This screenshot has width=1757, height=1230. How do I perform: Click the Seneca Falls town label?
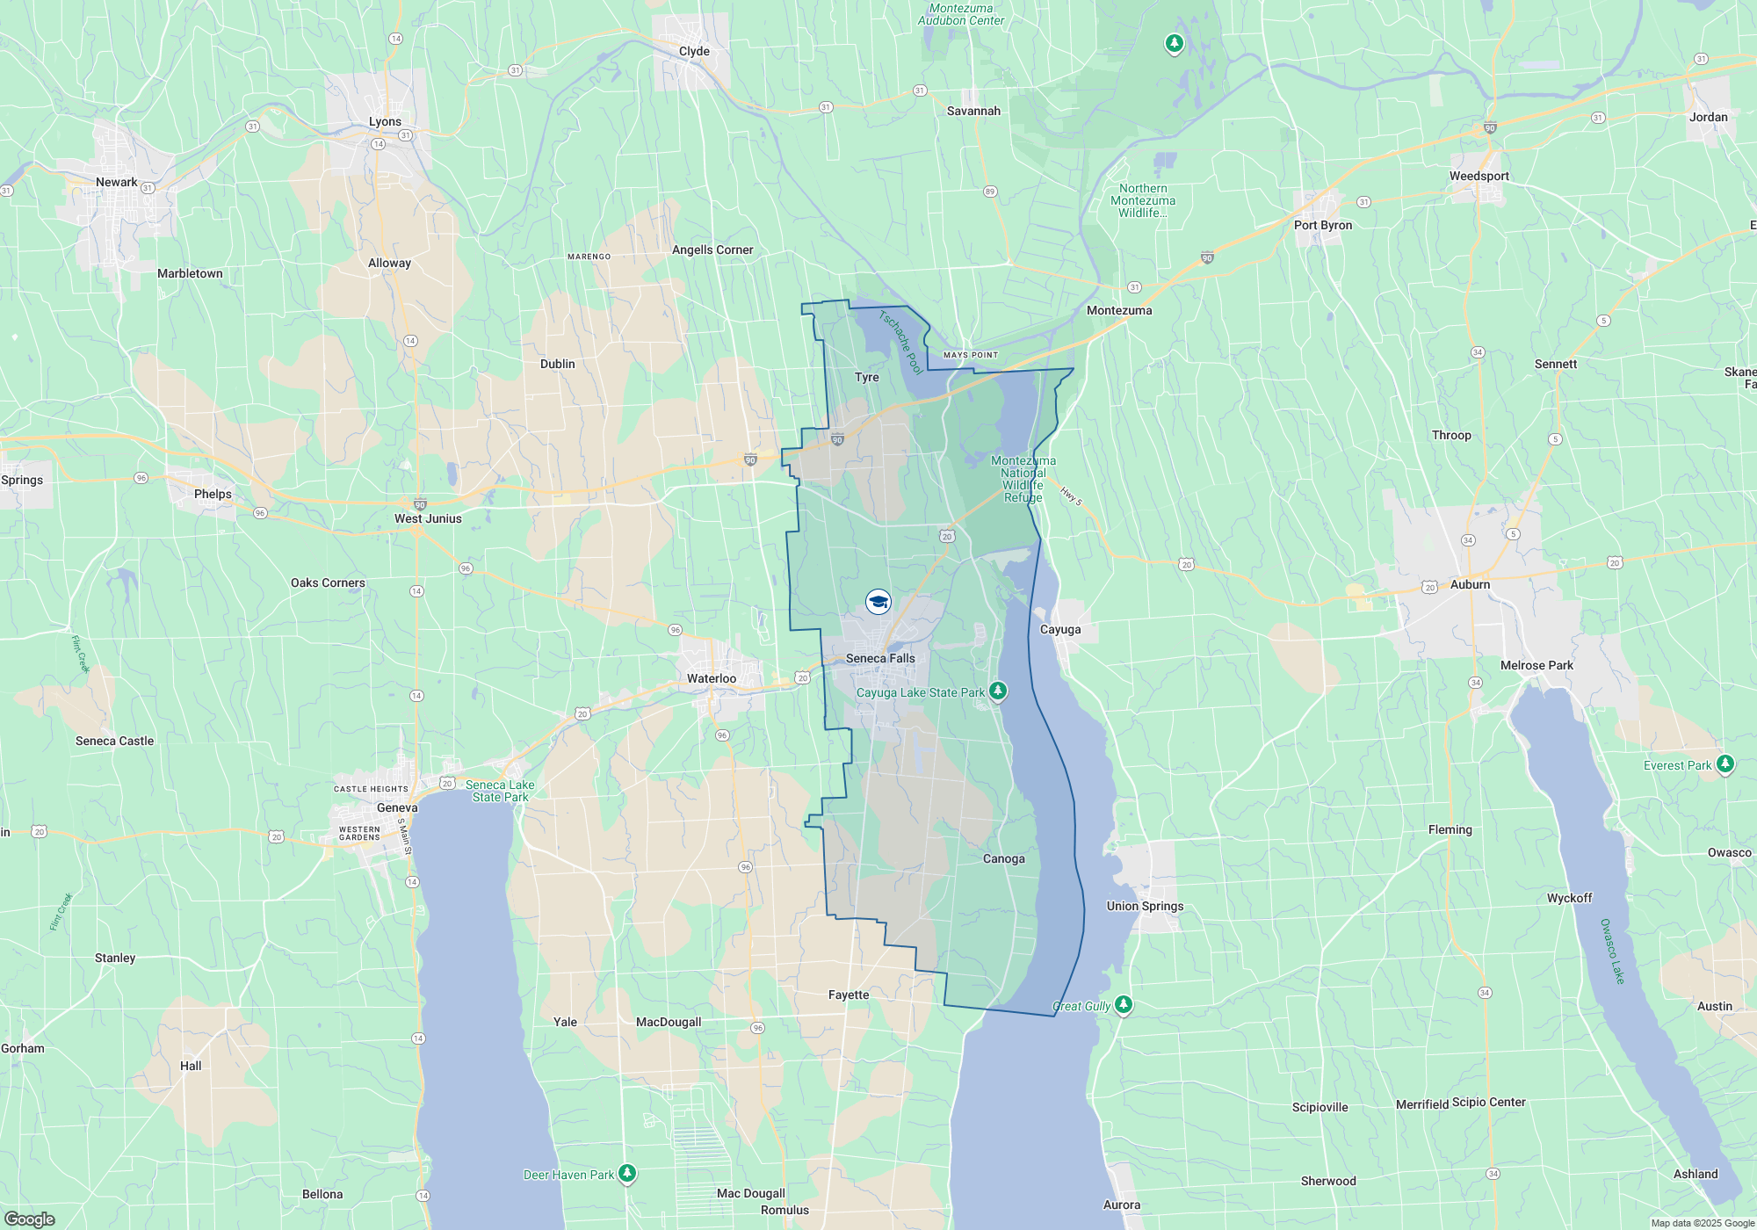coord(880,658)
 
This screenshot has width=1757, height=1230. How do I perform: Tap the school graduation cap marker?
coord(878,602)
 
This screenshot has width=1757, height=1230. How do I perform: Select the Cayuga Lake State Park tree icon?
coord(997,691)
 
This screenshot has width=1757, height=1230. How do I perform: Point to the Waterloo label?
coord(712,678)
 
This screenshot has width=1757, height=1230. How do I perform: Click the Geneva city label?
coord(397,807)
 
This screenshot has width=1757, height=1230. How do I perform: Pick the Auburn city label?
coord(1470,584)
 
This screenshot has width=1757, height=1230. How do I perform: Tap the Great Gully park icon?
coord(1123,1005)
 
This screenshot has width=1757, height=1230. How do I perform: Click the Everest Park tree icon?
coord(1724,764)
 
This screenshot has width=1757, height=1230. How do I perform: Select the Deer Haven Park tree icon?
coord(626,1173)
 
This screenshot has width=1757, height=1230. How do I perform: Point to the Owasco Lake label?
coord(1612,951)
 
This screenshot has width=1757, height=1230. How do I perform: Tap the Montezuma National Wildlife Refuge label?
coord(1023,479)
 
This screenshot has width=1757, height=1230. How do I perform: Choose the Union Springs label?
coord(1145,906)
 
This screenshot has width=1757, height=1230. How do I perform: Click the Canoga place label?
coord(1003,858)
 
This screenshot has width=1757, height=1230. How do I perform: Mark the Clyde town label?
coord(694,51)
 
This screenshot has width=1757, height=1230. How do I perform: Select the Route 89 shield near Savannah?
coord(990,192)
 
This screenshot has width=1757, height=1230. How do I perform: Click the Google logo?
coord(30,1219)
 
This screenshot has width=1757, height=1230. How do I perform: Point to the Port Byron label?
coord(1322,225)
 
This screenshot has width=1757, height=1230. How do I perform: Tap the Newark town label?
coord(116,182)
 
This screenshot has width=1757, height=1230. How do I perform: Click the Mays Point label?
coord(971,355)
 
